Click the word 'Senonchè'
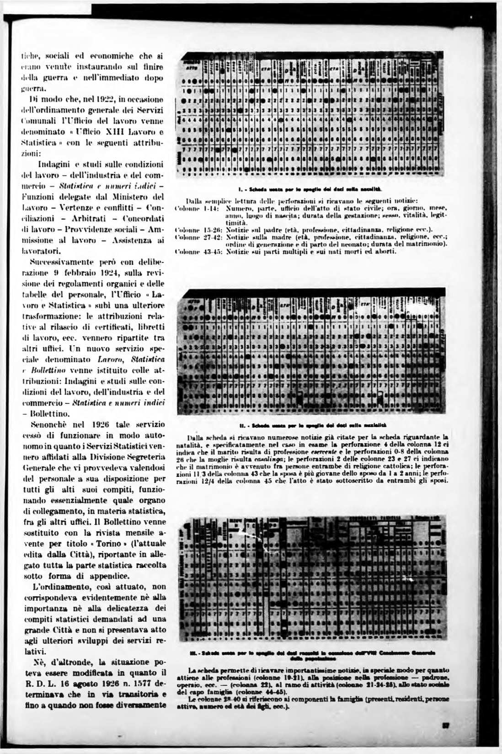click(48, 424)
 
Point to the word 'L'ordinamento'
click(59, 586)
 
